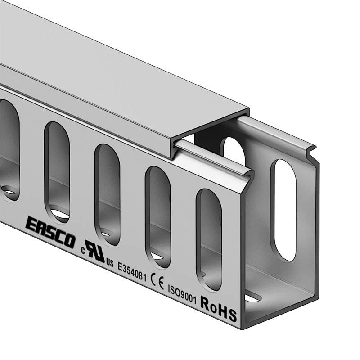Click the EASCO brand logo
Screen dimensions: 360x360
[x=50, y=232]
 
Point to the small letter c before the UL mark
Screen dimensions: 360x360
[x=83, y=251]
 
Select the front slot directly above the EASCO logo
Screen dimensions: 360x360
[x=57, y=173]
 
